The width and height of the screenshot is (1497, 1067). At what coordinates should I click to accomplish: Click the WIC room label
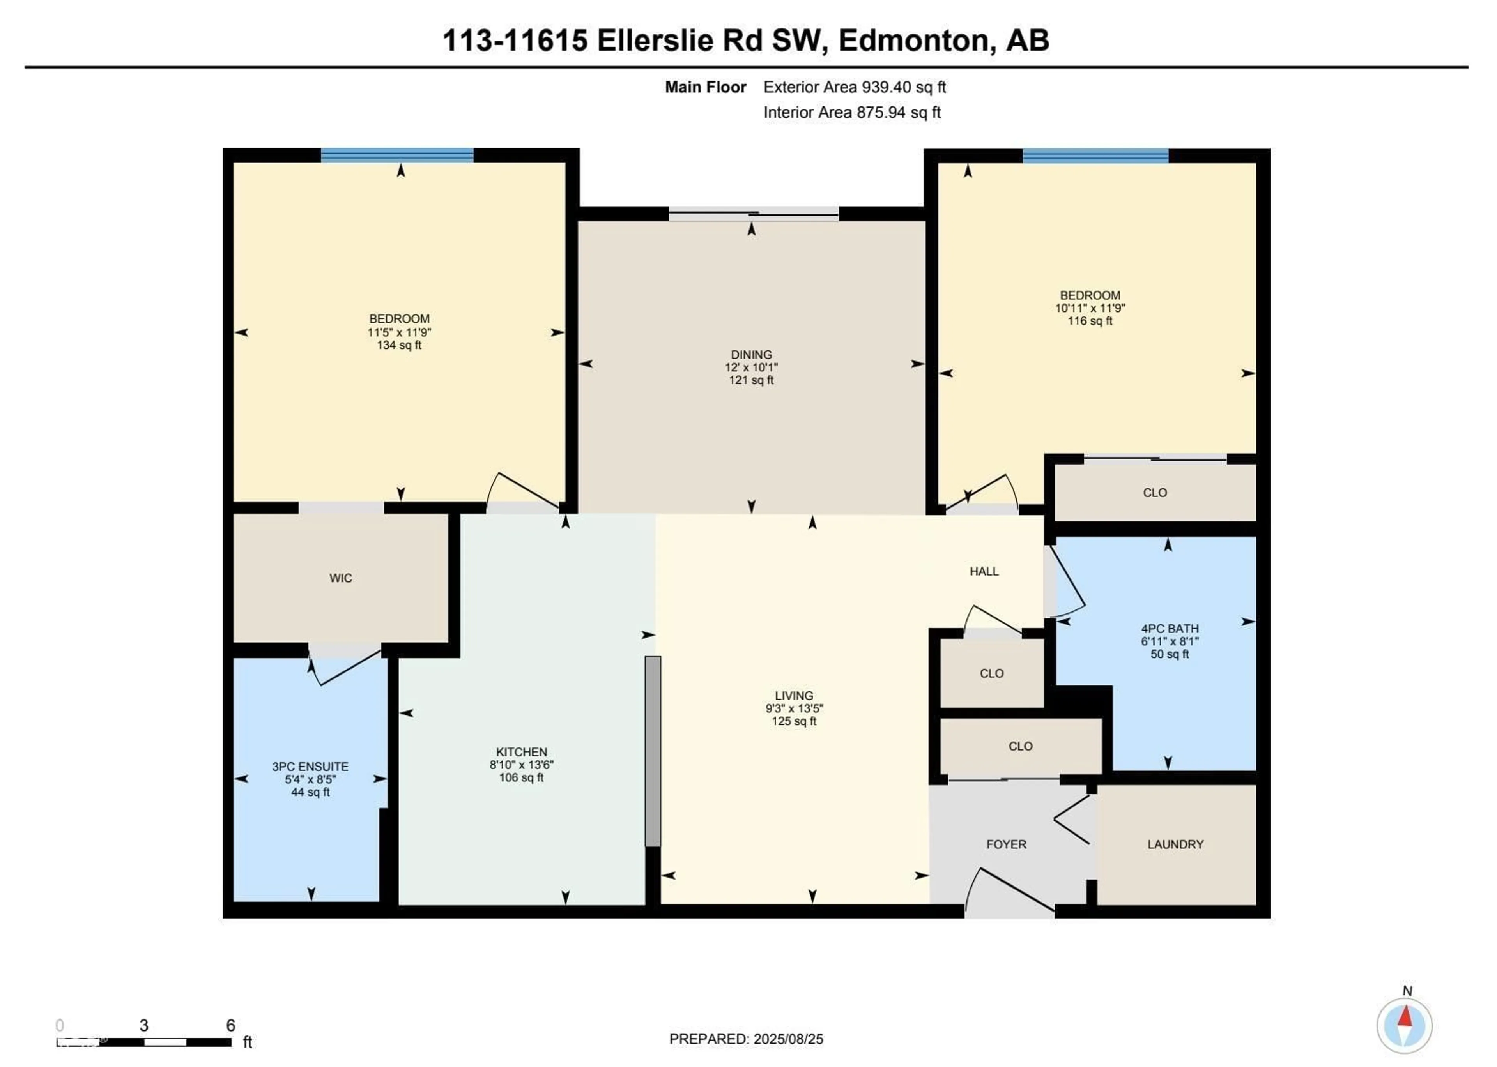coord(340,578)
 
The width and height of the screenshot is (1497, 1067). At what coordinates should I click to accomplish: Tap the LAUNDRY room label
coord(1175,844)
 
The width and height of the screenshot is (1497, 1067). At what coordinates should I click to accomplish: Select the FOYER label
coord(1005,844)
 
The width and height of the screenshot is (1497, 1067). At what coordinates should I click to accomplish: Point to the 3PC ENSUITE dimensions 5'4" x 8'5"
coord(310,779)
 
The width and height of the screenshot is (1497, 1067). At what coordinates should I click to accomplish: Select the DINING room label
coord(751,355)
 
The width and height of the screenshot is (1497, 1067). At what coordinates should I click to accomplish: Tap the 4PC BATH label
coord(1170,629)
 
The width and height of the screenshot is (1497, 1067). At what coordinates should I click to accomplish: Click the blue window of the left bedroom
coord(397,156)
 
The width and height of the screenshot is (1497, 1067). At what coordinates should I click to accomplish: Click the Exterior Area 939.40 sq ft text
coord(854,87)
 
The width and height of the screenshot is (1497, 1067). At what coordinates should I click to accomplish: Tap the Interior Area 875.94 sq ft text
coord(852,112)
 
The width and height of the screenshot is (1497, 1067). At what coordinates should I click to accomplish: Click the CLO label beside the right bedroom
coord(1155,493)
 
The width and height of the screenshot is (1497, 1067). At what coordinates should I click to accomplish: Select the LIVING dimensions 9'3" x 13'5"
coord(794,708)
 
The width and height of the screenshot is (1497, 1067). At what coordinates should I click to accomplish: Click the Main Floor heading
coord(705,87)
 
